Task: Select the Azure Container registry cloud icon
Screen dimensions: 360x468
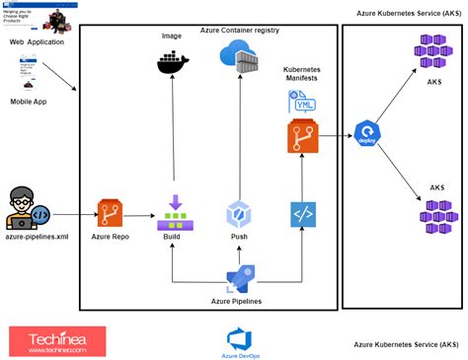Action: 242,62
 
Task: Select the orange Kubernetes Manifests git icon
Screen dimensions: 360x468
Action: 301,137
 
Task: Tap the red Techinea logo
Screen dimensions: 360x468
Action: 57,341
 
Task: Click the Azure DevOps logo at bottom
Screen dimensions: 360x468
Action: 242,341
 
